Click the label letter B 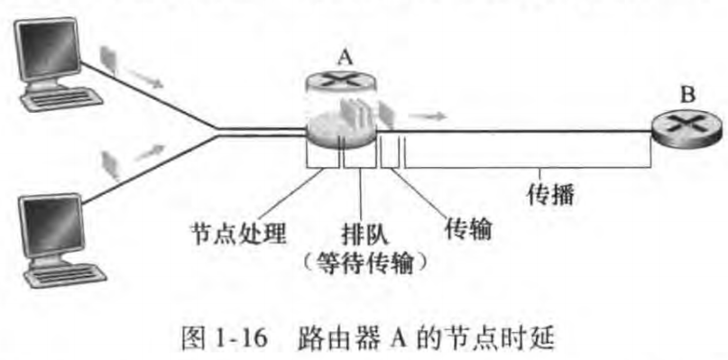click(x=687, y=92)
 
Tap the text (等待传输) click(x=362, y=263)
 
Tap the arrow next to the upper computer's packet click(x=149, y=78)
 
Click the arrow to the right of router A click(x=428, y=115)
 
